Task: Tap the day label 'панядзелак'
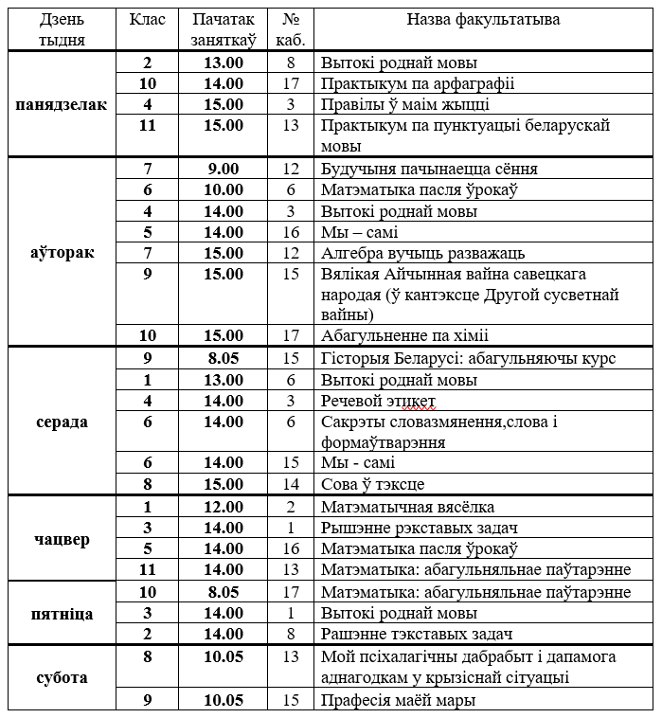62,104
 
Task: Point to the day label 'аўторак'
62,253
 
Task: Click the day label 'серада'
62,422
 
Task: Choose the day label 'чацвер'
62,539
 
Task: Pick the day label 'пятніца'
62,614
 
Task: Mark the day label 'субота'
62,677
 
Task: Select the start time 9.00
224,169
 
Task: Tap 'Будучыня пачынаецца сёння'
429,169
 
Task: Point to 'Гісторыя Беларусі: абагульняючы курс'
468,358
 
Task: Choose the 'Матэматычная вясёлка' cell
407,507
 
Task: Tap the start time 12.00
224,507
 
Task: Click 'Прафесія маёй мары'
398,700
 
